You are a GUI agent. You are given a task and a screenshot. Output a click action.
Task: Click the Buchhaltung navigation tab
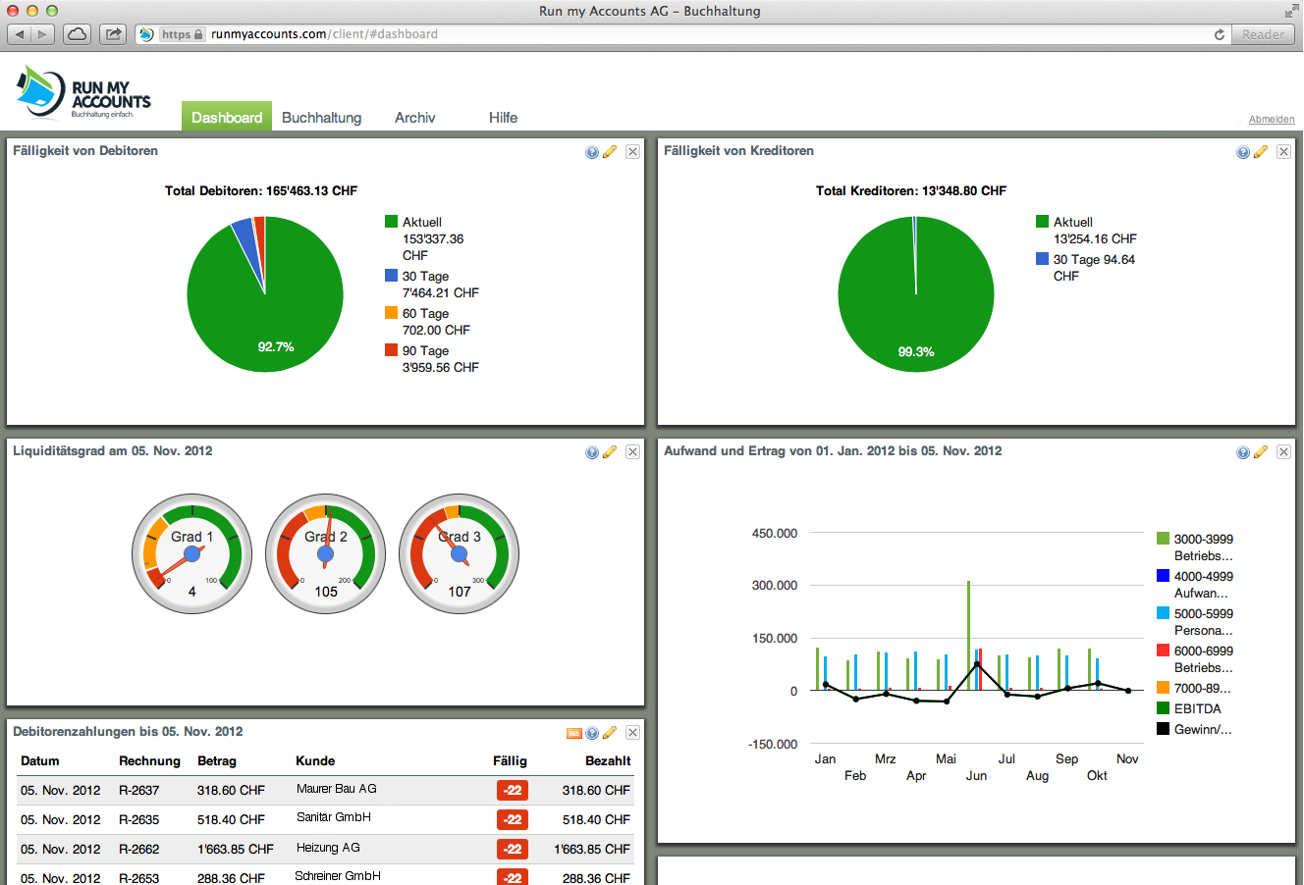(x=321, y=118)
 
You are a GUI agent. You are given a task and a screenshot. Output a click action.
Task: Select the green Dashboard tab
(x=227, y=118)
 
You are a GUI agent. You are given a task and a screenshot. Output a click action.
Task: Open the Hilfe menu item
(x=503, y=118)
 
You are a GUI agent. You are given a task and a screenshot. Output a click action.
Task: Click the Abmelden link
(x=1271, y=120)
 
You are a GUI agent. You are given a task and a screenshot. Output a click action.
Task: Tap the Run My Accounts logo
(x=83, y=93)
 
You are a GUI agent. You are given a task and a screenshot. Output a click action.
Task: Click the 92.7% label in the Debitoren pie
(x=276, y=347)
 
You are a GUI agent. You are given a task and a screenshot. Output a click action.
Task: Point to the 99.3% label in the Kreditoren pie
(x=916, y=352)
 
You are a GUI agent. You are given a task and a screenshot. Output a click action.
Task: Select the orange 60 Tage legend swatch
(x=391, y=313)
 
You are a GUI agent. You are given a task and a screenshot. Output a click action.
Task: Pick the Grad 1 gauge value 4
(x=191, y=592)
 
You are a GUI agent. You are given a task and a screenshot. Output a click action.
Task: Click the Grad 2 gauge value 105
(x=326, y=592)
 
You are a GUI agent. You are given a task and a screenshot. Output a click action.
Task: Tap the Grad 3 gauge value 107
(x=460, y=592)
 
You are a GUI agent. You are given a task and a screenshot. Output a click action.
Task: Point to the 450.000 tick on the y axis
(x=775, y=534)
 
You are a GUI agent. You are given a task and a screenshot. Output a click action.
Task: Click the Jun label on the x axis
(x=976, y=776)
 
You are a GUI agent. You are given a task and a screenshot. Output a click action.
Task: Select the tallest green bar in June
(x=968, y=635)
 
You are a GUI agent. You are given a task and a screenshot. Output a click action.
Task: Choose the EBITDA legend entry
(x=1197, y=709)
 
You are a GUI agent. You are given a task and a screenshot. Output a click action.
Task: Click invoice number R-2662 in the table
(x=138, y=850)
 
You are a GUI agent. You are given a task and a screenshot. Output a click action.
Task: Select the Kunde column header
(x=315, y=761)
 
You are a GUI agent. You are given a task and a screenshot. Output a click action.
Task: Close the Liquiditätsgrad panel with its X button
(x=632, y=452)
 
